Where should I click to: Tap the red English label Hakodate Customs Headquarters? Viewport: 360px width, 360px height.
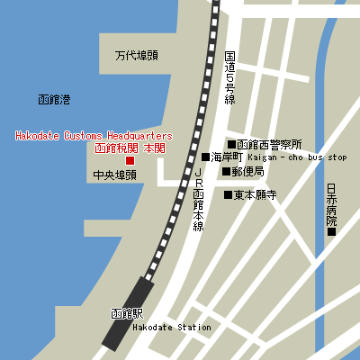coord(94,136)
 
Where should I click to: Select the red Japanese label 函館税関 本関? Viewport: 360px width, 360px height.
coord(130,148)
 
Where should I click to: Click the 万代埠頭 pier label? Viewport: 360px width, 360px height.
coord(136,56)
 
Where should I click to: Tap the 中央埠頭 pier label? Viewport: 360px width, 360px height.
coord(113,175)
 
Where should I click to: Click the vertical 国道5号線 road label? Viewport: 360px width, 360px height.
coord(229,77)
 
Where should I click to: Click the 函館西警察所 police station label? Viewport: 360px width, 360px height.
coord(269,144)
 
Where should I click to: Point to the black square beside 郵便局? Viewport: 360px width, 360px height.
coord(226,170)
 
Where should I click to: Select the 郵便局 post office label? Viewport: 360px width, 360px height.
coord(247,171)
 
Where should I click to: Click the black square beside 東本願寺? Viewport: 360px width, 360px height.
coord(228,193)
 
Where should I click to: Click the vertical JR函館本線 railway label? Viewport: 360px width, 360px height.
coord(199,199)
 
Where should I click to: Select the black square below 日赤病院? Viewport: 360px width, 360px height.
coord(331,231)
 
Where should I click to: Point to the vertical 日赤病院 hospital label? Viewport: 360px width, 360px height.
coord(331,204)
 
